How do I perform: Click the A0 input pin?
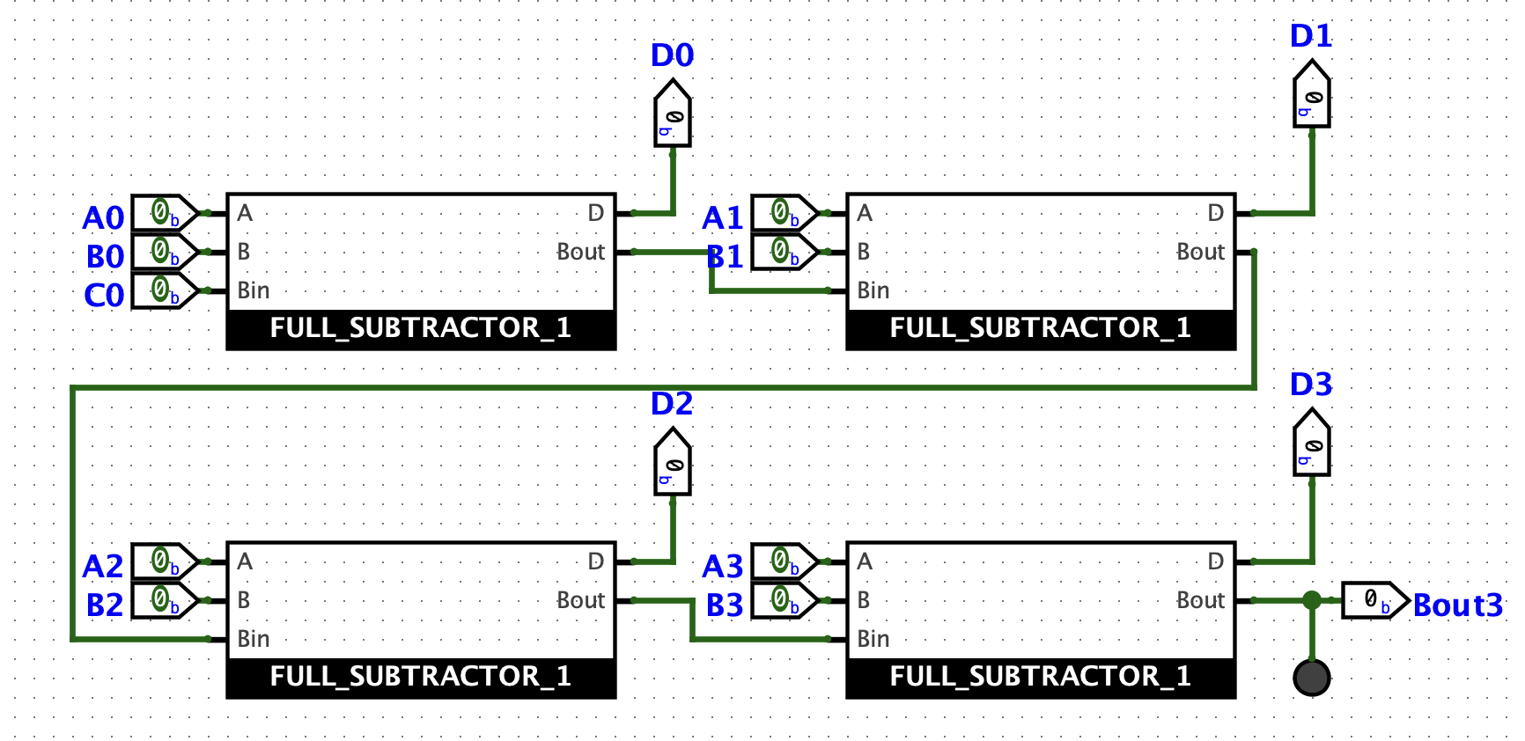click(x=165, y=213)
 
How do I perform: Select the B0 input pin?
click(x=165, y=252)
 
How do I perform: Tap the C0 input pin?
click(x=165, y=290)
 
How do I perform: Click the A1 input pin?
click(x=785, y=213)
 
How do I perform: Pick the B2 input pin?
click(x=165, y=600)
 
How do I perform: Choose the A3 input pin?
click(x=785, y=561)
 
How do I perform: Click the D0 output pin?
click(x=673, y=115)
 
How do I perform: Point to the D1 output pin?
click(x=1312, y=96)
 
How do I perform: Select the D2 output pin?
click(x=673, y=464)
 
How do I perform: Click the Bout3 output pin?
click(x=1374, y=600)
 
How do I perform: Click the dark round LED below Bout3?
click(x=1312, y=678)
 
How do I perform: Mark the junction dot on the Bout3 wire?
click(x=1312, y=600)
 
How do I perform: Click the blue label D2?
click(x=672, y=404)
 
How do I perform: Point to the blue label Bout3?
click(x=1457, y=605)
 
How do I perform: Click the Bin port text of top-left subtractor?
click(x=254, y=290)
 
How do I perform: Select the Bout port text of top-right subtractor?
click(x=1200, y=252)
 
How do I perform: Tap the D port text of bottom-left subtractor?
click(x=596, y=561)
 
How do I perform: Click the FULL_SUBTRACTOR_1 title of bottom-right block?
click(x=1040, y=677)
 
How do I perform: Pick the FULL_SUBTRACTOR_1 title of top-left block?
click(x=420, y=328)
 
